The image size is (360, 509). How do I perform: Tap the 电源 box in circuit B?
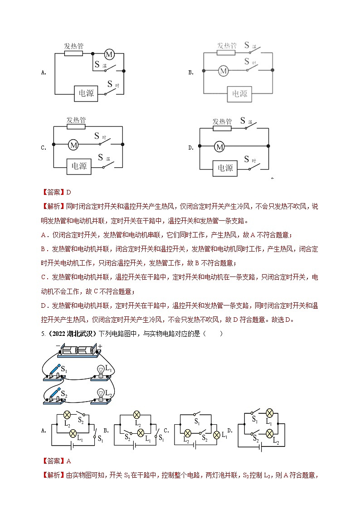239,94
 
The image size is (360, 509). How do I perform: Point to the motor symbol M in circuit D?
219,146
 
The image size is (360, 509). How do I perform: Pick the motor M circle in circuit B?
223,71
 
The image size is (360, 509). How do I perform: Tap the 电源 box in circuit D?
225,168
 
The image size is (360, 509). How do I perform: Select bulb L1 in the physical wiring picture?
101,371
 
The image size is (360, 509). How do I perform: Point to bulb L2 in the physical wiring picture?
101,393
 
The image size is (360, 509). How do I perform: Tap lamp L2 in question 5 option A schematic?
67,415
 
